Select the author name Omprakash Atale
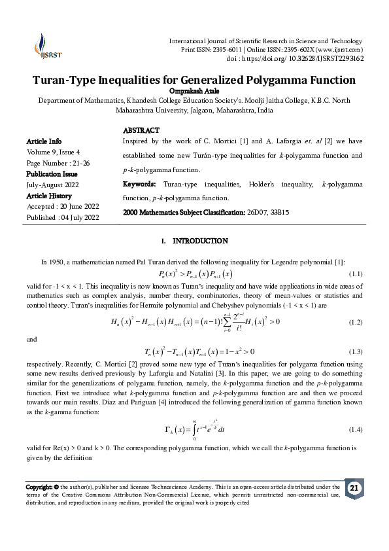coord(194,91)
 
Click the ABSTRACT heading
coord(141,131)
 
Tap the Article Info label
coord(44,141)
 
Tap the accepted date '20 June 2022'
coord(82,207)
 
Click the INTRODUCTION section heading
coord(199,241)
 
